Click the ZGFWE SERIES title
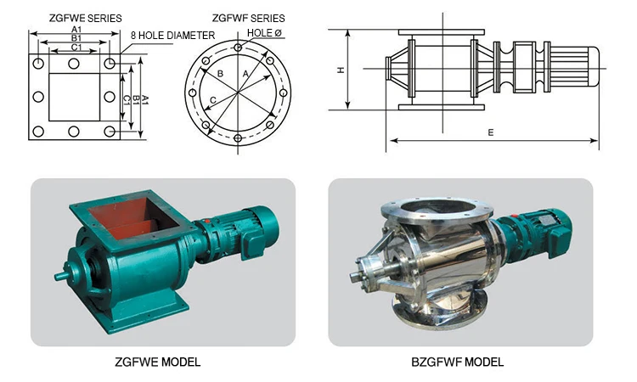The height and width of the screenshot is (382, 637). click(x=85, y=19)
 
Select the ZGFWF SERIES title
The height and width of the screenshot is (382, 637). click(x=248, y=19)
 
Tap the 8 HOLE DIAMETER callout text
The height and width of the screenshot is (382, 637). click(x=172, y=36)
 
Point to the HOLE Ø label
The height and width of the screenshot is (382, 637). click(x=264, y=33)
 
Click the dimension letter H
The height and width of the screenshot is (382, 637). click(x=341, y=70)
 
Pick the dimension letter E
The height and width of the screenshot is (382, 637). click(x=491, y=132)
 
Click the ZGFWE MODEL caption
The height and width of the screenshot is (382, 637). click(x=158, y=362)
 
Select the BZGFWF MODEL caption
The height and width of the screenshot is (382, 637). click(x=458, y=362)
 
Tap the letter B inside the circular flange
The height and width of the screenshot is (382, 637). click(x=220, y=74)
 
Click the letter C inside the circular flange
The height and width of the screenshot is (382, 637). click(x=213, y=100)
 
